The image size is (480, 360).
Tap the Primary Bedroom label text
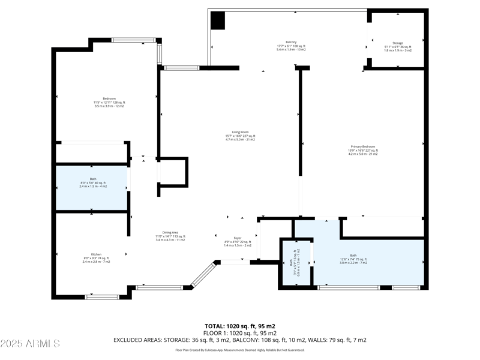click(x=364, y=150)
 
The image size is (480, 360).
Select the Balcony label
click(x=291, y=46)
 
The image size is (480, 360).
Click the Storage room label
click(x=397, y=46)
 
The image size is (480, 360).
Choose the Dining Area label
click(x=170, y=236)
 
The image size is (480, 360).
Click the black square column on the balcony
click(x=218, y=21)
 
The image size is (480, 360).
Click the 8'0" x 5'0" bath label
click(x=93, y=182)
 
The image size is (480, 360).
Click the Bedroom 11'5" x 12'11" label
click(x=109, y=102)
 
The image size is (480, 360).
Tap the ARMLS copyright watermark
click(x=30, y=344)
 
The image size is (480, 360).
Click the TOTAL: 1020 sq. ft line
click(x=239, y=326)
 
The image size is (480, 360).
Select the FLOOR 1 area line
click(x=239, y=333)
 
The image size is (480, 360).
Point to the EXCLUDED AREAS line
click(x=239, y=340)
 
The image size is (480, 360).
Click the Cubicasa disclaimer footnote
click(x=239, y=350)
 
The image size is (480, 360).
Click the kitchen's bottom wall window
click(x=102, y=296)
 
